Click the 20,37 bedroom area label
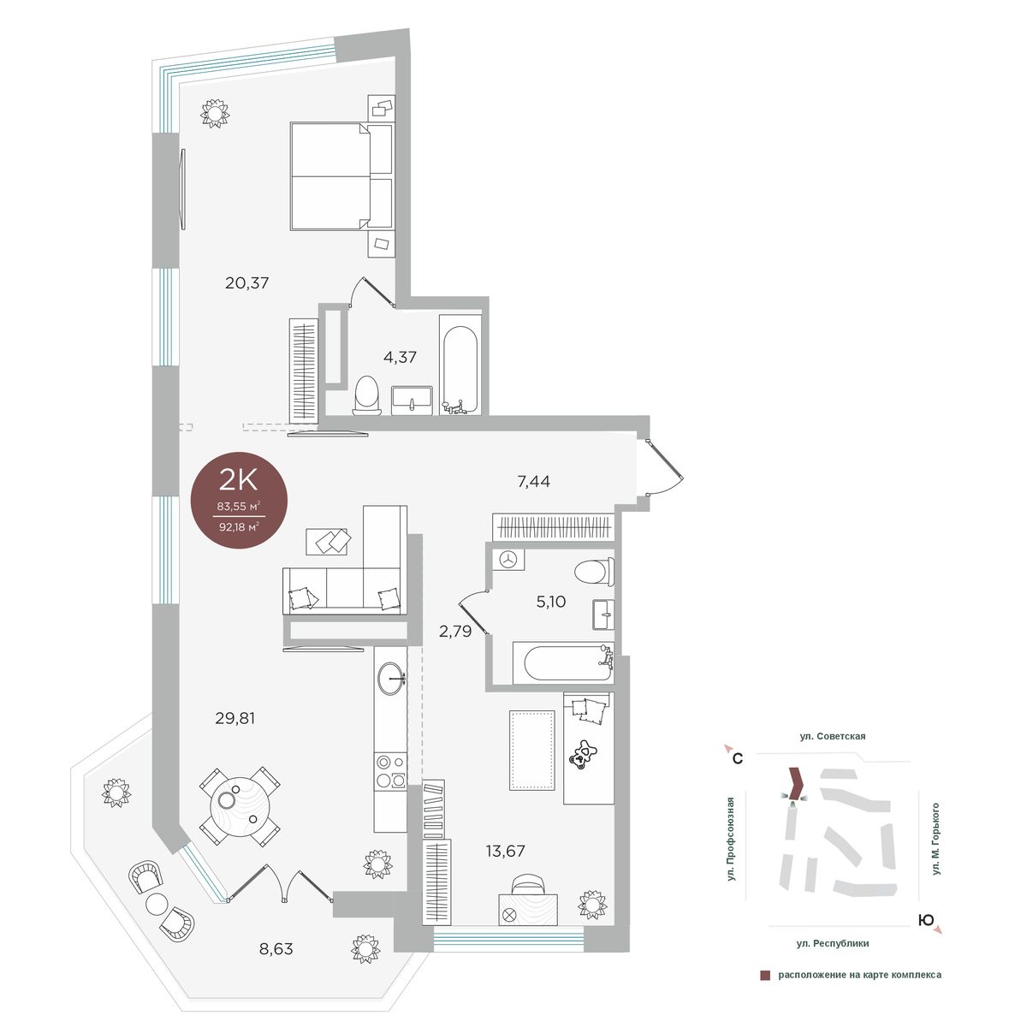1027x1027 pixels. coord(246,282)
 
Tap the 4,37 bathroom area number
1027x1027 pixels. coord(400,357)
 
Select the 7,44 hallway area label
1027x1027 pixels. coord(533,481)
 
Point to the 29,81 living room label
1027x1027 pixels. coord(235,718)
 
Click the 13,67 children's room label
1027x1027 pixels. coord(505,851)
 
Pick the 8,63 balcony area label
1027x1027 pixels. coord(276,948)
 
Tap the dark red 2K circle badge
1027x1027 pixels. coord(240,500)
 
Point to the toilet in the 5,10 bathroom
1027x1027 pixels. coord(594,572)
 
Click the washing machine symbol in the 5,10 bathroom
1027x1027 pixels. coord(508,559)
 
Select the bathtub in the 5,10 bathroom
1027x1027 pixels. coord(563,663)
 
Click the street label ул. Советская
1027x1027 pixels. coord(833,736)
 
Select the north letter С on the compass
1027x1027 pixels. coord(738,758)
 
